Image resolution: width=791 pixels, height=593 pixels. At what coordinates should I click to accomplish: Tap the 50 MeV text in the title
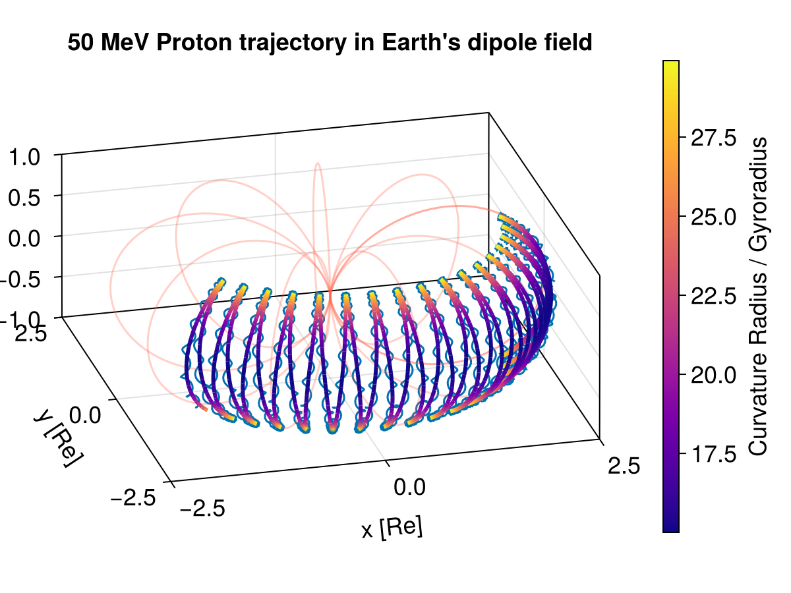click(x=109, y=43)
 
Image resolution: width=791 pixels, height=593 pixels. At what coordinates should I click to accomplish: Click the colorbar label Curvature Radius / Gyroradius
click(x=759, y=296)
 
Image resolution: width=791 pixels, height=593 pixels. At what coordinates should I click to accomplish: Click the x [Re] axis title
click(x=392, y=528)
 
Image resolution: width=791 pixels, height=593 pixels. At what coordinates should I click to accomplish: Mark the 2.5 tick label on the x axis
click(x=622, y=466)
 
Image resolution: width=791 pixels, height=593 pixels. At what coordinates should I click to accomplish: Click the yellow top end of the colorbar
click(x=670, y=65)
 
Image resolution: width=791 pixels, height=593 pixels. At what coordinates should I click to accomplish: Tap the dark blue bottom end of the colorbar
click(x=670, y=526)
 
